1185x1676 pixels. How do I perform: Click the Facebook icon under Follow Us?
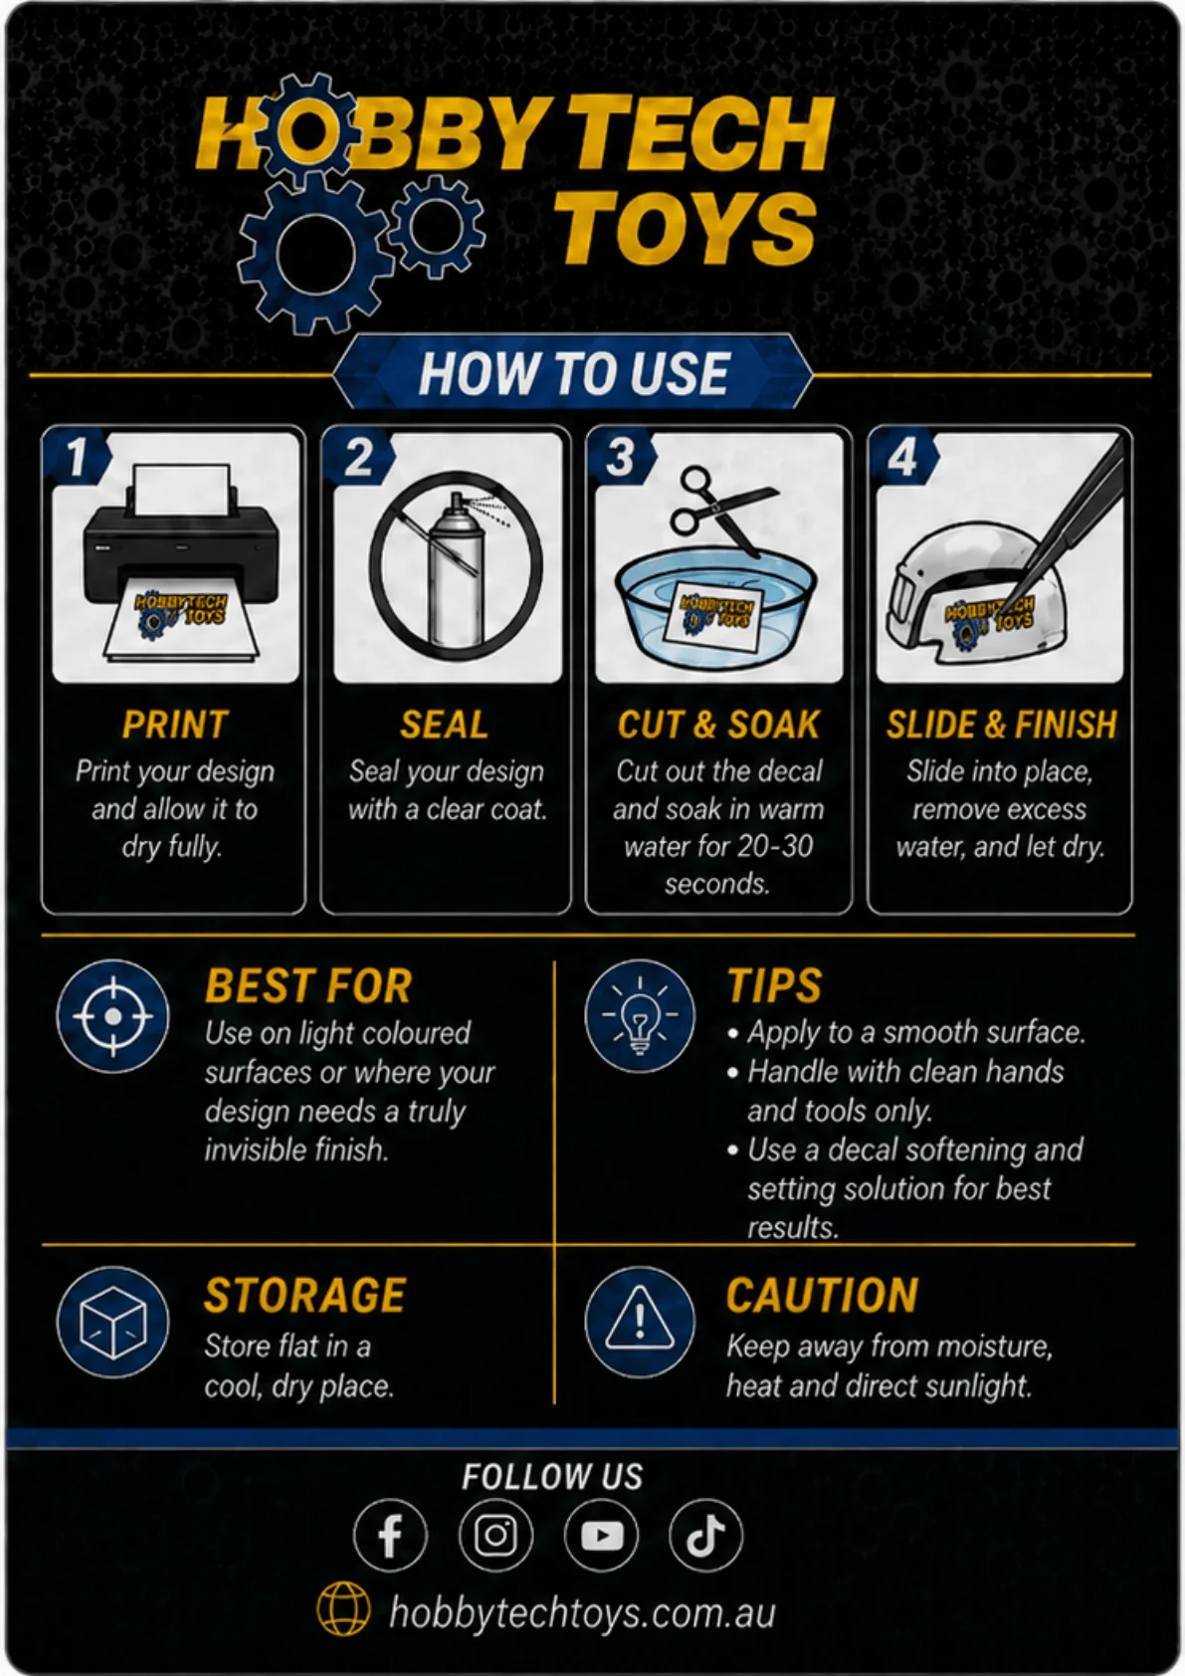(x=390, y=1536)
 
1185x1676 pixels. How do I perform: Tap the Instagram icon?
(x=495, y=1536)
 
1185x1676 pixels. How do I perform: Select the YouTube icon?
(x=602, y=1536)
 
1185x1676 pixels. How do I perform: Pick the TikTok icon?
(x=706, y=1536)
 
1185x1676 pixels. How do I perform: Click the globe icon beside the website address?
(x=343, y=1609)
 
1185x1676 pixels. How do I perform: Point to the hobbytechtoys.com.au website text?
(x=582, y=1611)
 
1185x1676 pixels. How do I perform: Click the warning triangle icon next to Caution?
(x=640, y=1322)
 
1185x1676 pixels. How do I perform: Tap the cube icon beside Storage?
(x=113, y=1322)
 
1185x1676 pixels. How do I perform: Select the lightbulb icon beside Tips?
(x=640, y=1016)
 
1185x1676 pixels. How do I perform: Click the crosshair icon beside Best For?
(x=113, y=1016)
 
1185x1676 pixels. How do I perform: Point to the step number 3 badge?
(x=620, y=457)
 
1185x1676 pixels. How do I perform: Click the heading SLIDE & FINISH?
(x=1001, y=725)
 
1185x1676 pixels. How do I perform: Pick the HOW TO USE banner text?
(x=574, y=372)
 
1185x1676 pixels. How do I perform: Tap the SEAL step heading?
(x=445, y=725)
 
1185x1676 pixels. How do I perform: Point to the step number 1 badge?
(x=78, y=457)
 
